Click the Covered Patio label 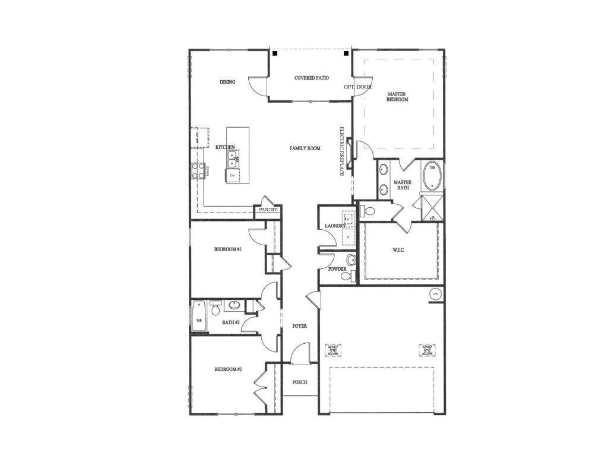pos(312,78)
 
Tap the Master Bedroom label pos(397,97)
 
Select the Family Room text pos(305,148)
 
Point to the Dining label pos(227,82)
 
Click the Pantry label pos(268,210)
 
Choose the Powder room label pos(337,269)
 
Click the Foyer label pos(300,326)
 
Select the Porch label pos(300,382)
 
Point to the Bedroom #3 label pos(227,249)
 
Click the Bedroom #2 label pos(227,369)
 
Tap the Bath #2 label pos(230,322)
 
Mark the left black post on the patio pos(275,53)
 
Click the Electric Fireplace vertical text pos(343,152)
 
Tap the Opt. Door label pos(357,87)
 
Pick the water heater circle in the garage pos(435,294)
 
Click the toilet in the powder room pos(351,260)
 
